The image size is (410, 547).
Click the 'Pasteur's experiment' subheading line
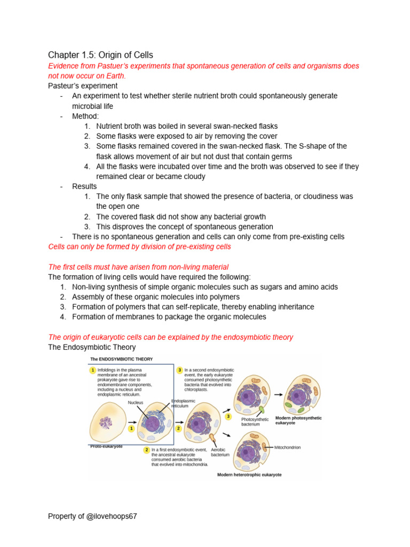coord(83,85)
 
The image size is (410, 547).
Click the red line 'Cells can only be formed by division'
coord(139,247)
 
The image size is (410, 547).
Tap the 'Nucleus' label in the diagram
coord(136,403)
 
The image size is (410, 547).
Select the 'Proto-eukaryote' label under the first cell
coord(107,446)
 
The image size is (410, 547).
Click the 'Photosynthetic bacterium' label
coord(255,422)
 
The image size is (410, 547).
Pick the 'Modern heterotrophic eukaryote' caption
coord(249,474)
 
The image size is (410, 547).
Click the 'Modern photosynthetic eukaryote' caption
coord(298,420)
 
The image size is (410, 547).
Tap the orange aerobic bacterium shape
coord(213,440)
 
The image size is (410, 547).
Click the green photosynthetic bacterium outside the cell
coord(263,410)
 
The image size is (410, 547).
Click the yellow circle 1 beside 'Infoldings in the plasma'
coord(92,370)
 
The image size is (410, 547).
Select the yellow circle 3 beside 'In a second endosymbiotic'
coord(180,370)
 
